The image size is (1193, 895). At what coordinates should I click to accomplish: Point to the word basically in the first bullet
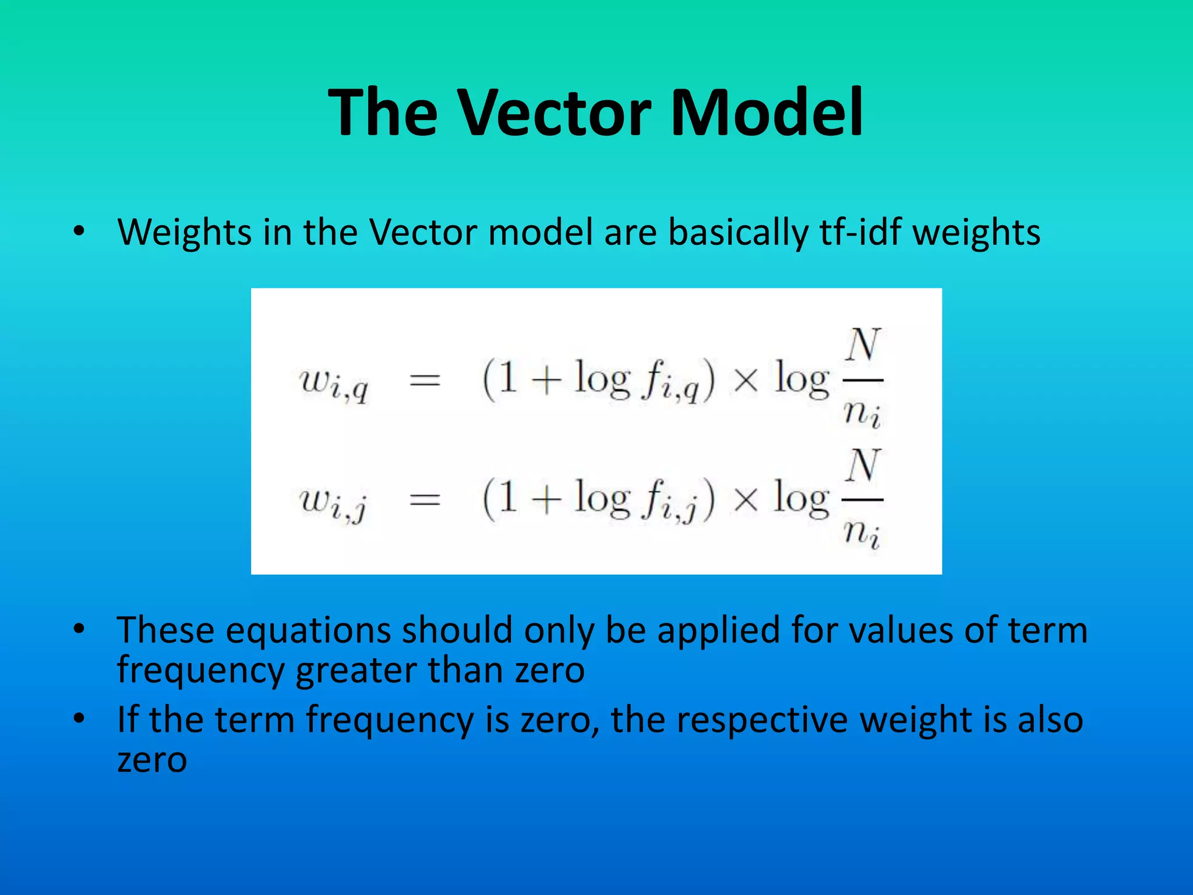click(x=737, y=232)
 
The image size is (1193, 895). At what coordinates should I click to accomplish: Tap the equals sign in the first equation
click(x=425, y=381)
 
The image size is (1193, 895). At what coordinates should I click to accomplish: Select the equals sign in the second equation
click(x=425, y=499)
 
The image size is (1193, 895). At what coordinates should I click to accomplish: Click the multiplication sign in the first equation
click(x=746, y=381)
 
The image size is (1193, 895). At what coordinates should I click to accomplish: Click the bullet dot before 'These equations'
click(x=79, y=629)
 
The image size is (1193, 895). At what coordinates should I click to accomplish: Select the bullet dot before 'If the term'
click(x=79, y=718)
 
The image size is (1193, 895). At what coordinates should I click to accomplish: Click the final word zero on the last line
click(x=152, y=759)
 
